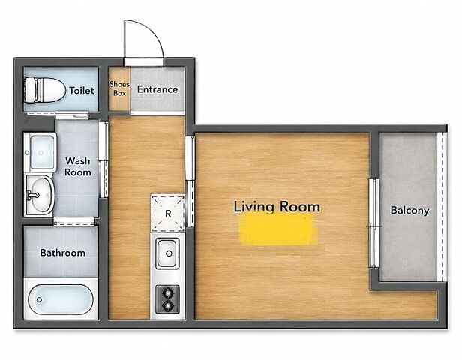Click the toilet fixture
tap(45, 90)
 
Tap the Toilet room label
tap(82, 91)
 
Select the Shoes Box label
tap(119, 88)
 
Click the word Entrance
tap(157, 89)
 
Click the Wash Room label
tap(78, 166)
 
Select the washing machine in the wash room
tap(40, 152)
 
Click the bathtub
tap(61, 299)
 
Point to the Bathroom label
tap(63, 253)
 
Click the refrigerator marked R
tap(168, 213)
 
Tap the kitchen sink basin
tap(167, 253)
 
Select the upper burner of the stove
tap(168, 293)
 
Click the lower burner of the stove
tap(168, 306)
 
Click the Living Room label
tap(277, 207)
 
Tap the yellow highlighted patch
tap(279, 229)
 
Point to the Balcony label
tap(409, 211)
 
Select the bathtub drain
tap(39, 299)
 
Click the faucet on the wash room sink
tap(33, 195)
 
